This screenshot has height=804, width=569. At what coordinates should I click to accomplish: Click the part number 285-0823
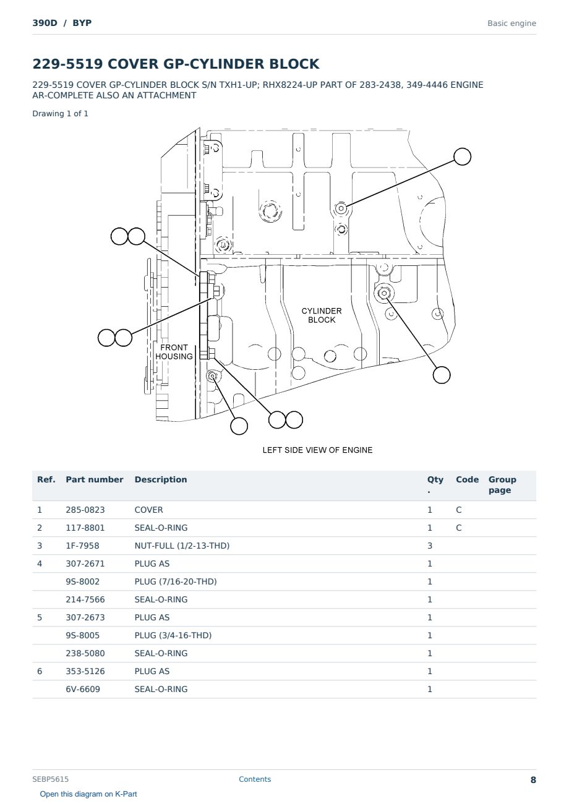pyautogui.click(x=85, y=510)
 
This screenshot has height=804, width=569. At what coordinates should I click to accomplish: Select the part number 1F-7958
pyautogui.click(x=82, y=545)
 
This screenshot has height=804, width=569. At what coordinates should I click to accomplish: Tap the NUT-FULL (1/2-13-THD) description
pyautogui.click(x=182, y=545)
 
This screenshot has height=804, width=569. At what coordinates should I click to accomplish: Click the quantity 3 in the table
pyautogui.click(x=430, y=545)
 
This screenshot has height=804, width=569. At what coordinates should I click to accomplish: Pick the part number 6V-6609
pyautogui.click(x=83, y=689)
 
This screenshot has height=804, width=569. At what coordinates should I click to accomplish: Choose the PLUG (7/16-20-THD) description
pyautogui.click(x=176, y=581)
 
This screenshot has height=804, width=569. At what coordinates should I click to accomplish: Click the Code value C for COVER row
pyautogui.click(x=458, y=510)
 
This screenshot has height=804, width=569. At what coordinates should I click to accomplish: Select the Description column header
pyautogui.click(x=160, y=479)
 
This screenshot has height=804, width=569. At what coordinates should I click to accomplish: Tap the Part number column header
pyautogui.click(x=94, y=479)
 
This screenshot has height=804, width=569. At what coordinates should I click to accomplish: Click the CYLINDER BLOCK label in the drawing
pyautogui.click(x=321, y=315)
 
